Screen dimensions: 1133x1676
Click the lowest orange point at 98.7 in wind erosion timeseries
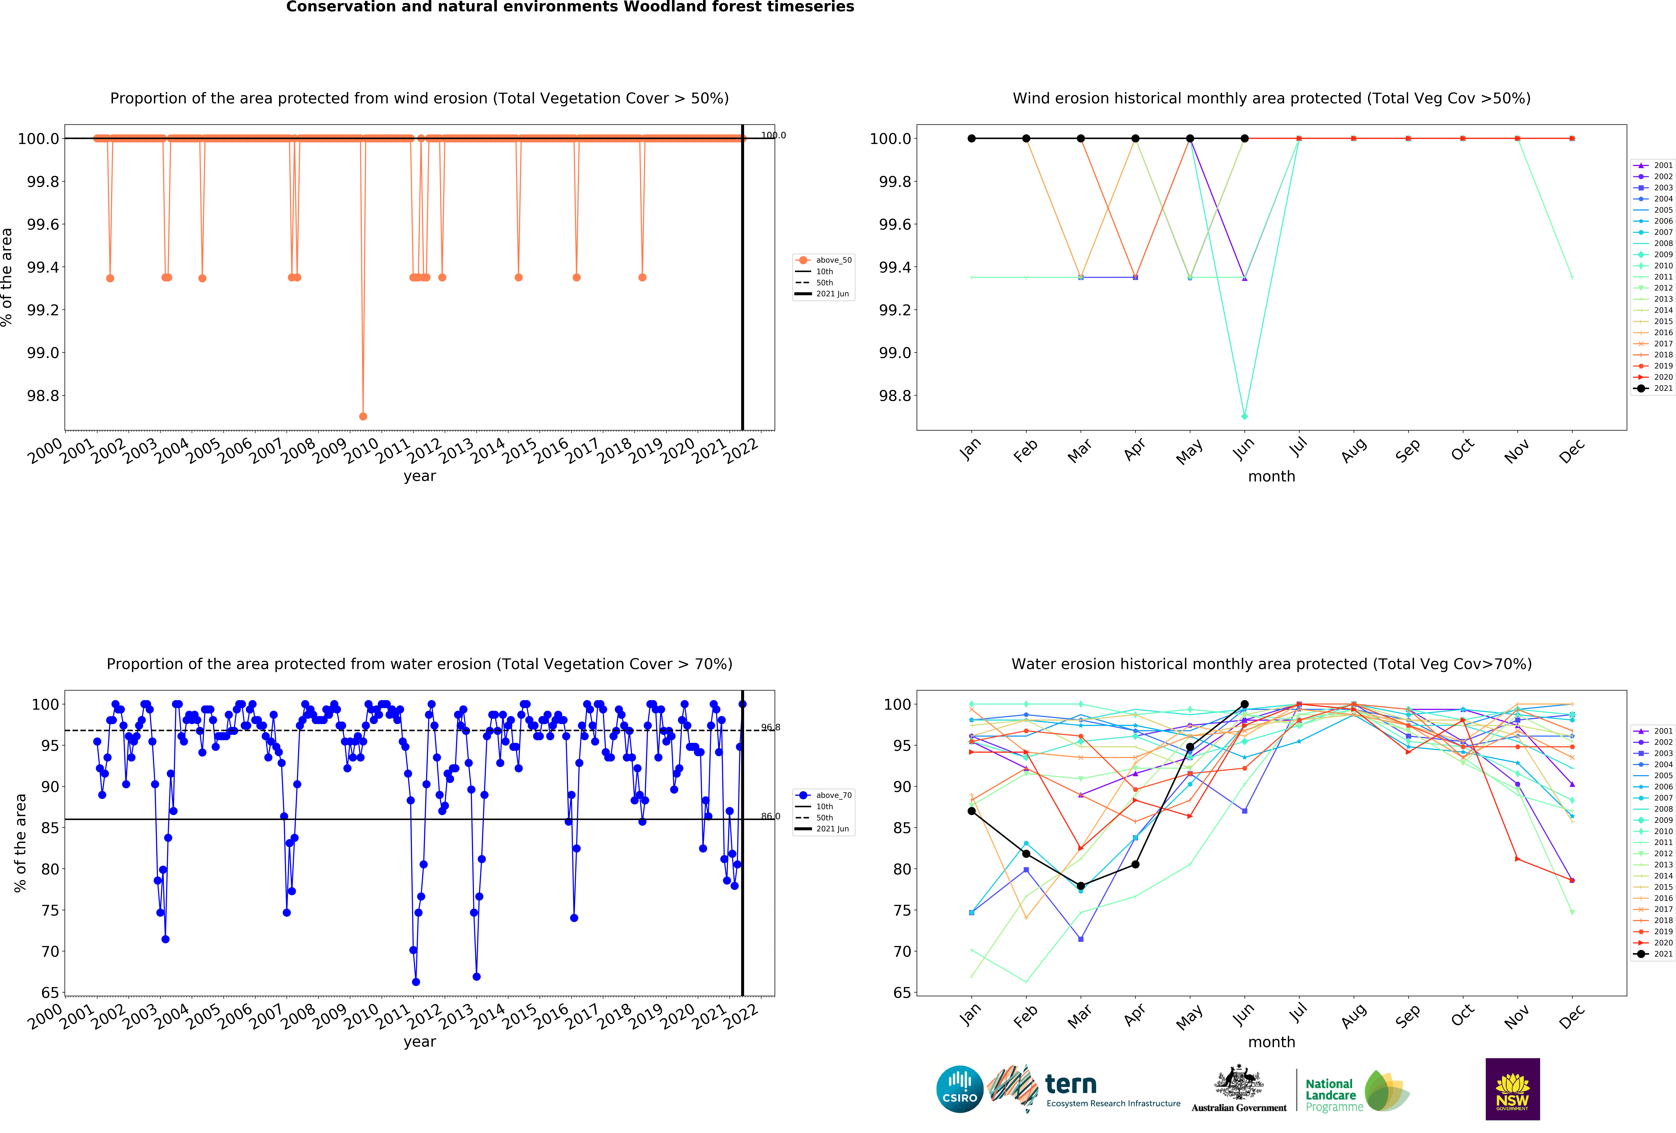click(363, 416)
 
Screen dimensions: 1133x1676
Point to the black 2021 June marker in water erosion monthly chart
click(1244, 704)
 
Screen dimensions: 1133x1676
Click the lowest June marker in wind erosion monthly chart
click(1244, 416)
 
